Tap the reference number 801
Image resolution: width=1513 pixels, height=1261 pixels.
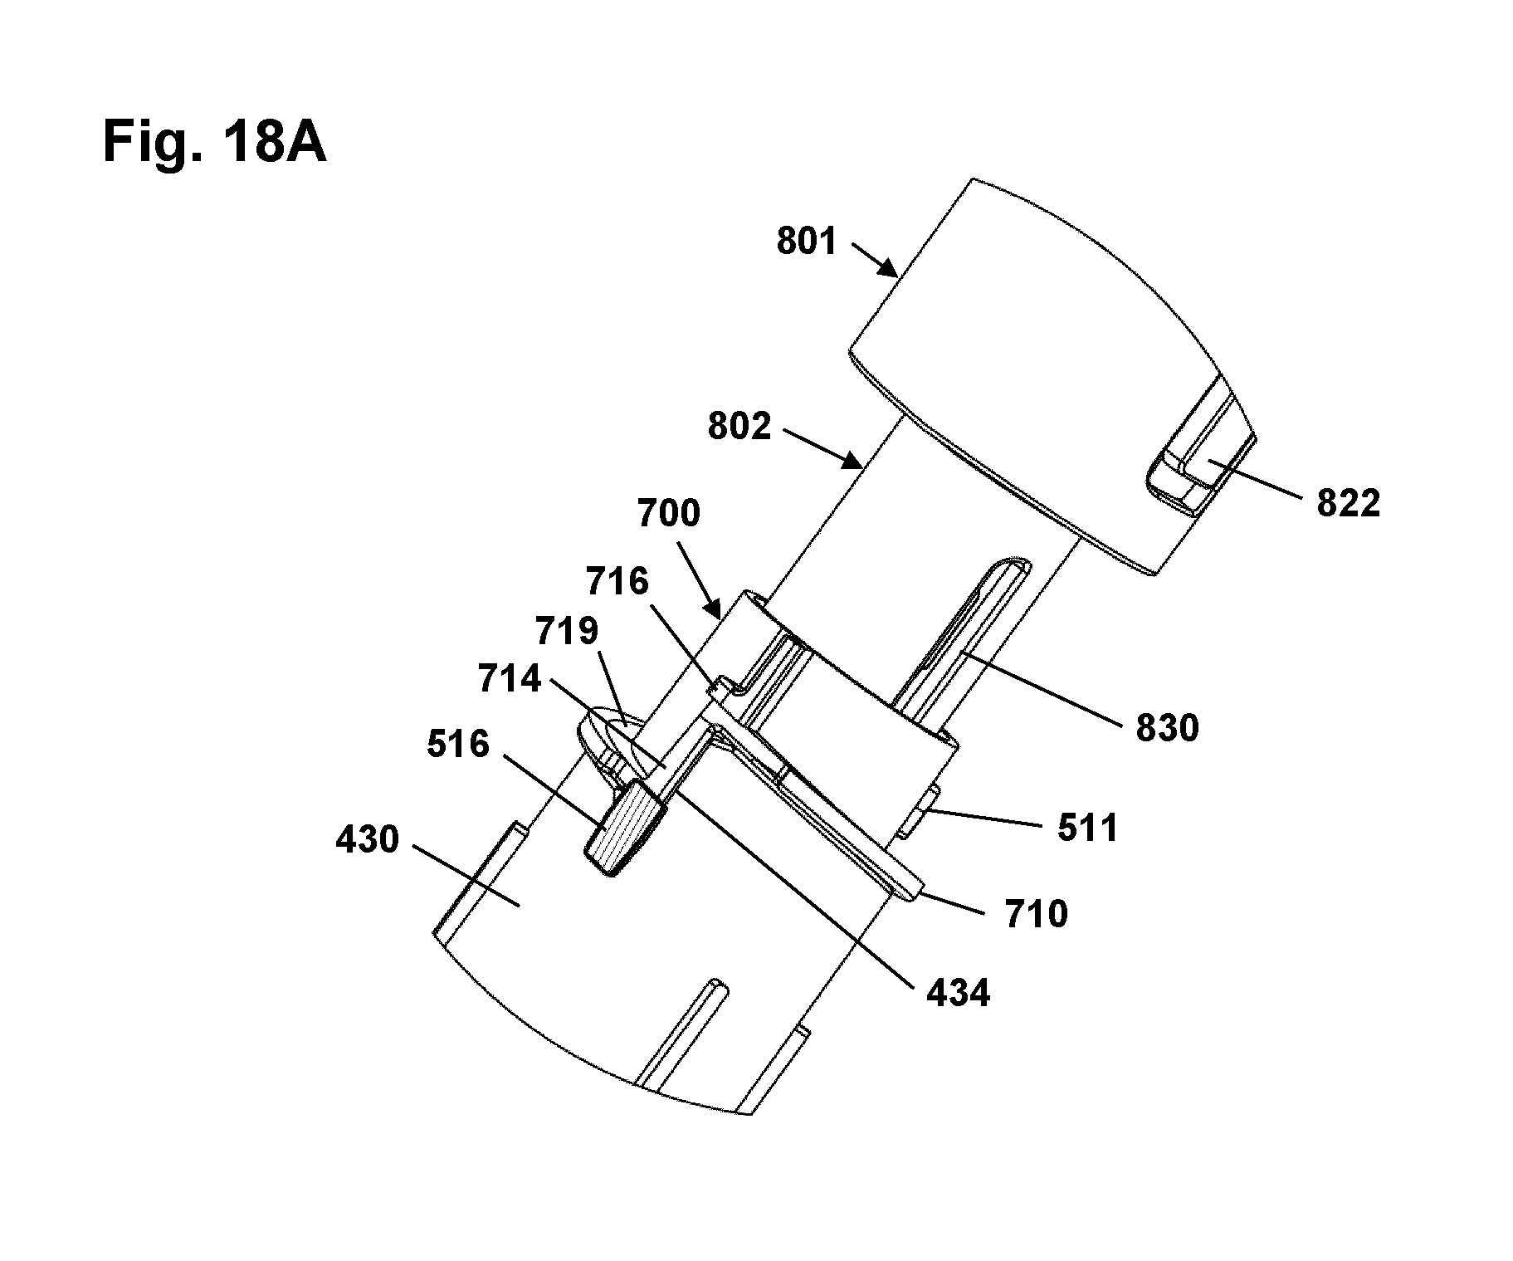click(807, 241)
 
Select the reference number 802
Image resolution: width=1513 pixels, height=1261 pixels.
click(739, 426)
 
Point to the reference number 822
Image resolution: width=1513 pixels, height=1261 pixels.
click(1349, 503)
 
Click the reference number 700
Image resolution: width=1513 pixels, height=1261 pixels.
click(669, 513)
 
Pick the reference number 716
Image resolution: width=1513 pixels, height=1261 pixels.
click(617, 581)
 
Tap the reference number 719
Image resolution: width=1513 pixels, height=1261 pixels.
click(567, 632)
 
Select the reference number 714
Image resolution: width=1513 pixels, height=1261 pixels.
click(509, 680)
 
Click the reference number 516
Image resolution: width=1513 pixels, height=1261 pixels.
click(458, 744)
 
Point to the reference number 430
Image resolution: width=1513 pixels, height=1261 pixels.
click(368, 840)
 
